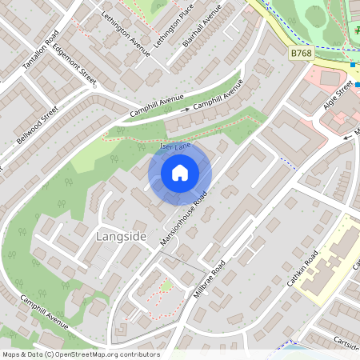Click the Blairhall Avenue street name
(201, 24)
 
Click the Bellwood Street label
(38, 125)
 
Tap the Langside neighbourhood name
(121, 237)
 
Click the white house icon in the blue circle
(180, 173)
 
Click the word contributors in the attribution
(141, 354)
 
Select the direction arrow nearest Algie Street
(346, 137)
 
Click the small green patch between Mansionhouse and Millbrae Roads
(166, 286)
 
